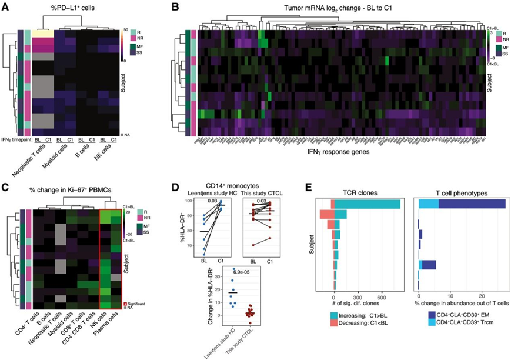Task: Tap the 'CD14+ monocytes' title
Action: tap(226, 187)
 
